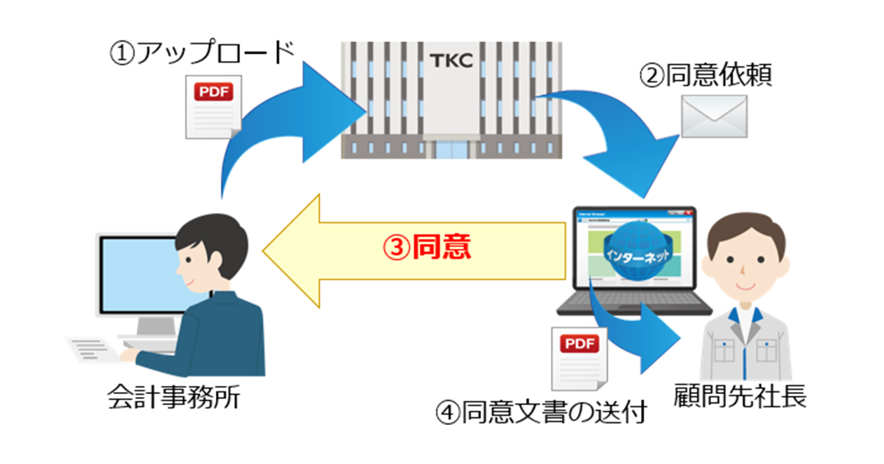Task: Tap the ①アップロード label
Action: (x=200, y=54)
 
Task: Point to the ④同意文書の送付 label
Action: (x=541, y=412)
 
